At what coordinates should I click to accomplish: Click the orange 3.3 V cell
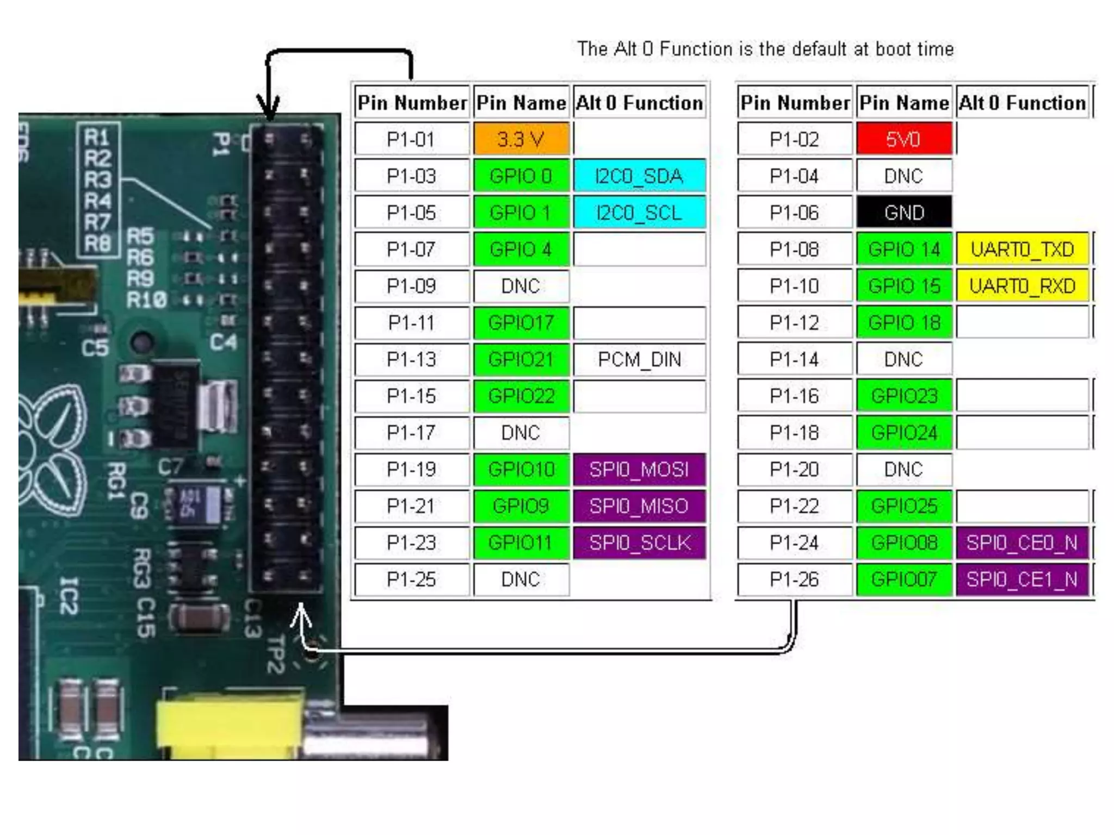coord(521,139)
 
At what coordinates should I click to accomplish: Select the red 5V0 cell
coord(903,139)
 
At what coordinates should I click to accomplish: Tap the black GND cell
coord(903,213)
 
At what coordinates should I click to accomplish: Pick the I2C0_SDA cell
coord(639,176)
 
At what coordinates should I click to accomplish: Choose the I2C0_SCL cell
coord(639,213)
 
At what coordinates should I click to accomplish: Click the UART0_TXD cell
coord(1022,250)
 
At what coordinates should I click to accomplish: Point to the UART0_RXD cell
coord(1022,286)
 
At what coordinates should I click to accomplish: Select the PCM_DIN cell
coord(639,359)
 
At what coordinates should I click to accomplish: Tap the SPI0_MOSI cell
coord(639,469)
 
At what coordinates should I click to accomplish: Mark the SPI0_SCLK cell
coord(639,543)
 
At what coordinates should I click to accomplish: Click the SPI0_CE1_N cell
coord(1022,579)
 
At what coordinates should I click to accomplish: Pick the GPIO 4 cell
coord(521,250)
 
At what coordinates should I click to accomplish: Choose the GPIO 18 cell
coord(903,323)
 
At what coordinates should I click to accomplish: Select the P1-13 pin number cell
coord(412,359)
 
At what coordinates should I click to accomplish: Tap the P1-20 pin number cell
coord(794,469)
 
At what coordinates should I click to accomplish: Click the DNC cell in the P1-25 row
coord(521,579)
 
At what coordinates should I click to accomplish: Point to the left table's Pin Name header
coord(521,103)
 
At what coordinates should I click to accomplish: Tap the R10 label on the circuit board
coord(146,300)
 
